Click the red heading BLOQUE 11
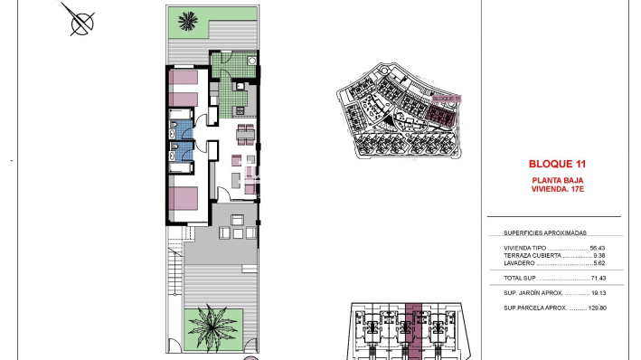tap(557, 165)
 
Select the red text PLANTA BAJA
tap(557, 180)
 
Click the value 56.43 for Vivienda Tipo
tap(597, 247)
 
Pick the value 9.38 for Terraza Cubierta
tap(599, 255)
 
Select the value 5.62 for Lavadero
tap(599, 263)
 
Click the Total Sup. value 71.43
tap(597, 278)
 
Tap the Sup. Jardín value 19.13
tap(597, 293)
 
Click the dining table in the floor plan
tap(245, 137)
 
